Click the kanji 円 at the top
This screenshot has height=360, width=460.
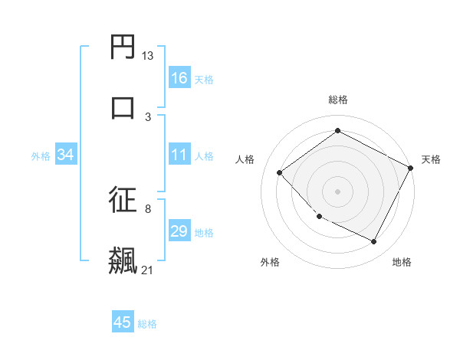123,49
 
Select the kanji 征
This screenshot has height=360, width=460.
123,200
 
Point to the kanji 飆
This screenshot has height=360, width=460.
123,259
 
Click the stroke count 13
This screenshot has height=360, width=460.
148,56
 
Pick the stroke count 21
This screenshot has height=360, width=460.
148,270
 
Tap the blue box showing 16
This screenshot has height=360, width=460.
179,78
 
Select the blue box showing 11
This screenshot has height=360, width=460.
179,155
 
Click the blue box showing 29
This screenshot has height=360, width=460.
179,231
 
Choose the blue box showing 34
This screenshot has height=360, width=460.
66,155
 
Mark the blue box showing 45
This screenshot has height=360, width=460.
123,322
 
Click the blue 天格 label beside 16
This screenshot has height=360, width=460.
204,80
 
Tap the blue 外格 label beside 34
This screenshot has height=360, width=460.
41,156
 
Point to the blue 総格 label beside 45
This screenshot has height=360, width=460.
147,324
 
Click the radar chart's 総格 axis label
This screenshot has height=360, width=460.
338,100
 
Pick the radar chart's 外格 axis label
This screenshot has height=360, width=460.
270,262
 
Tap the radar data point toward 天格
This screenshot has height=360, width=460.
411,168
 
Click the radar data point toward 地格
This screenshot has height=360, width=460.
374,242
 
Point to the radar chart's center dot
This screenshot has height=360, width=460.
337,191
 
